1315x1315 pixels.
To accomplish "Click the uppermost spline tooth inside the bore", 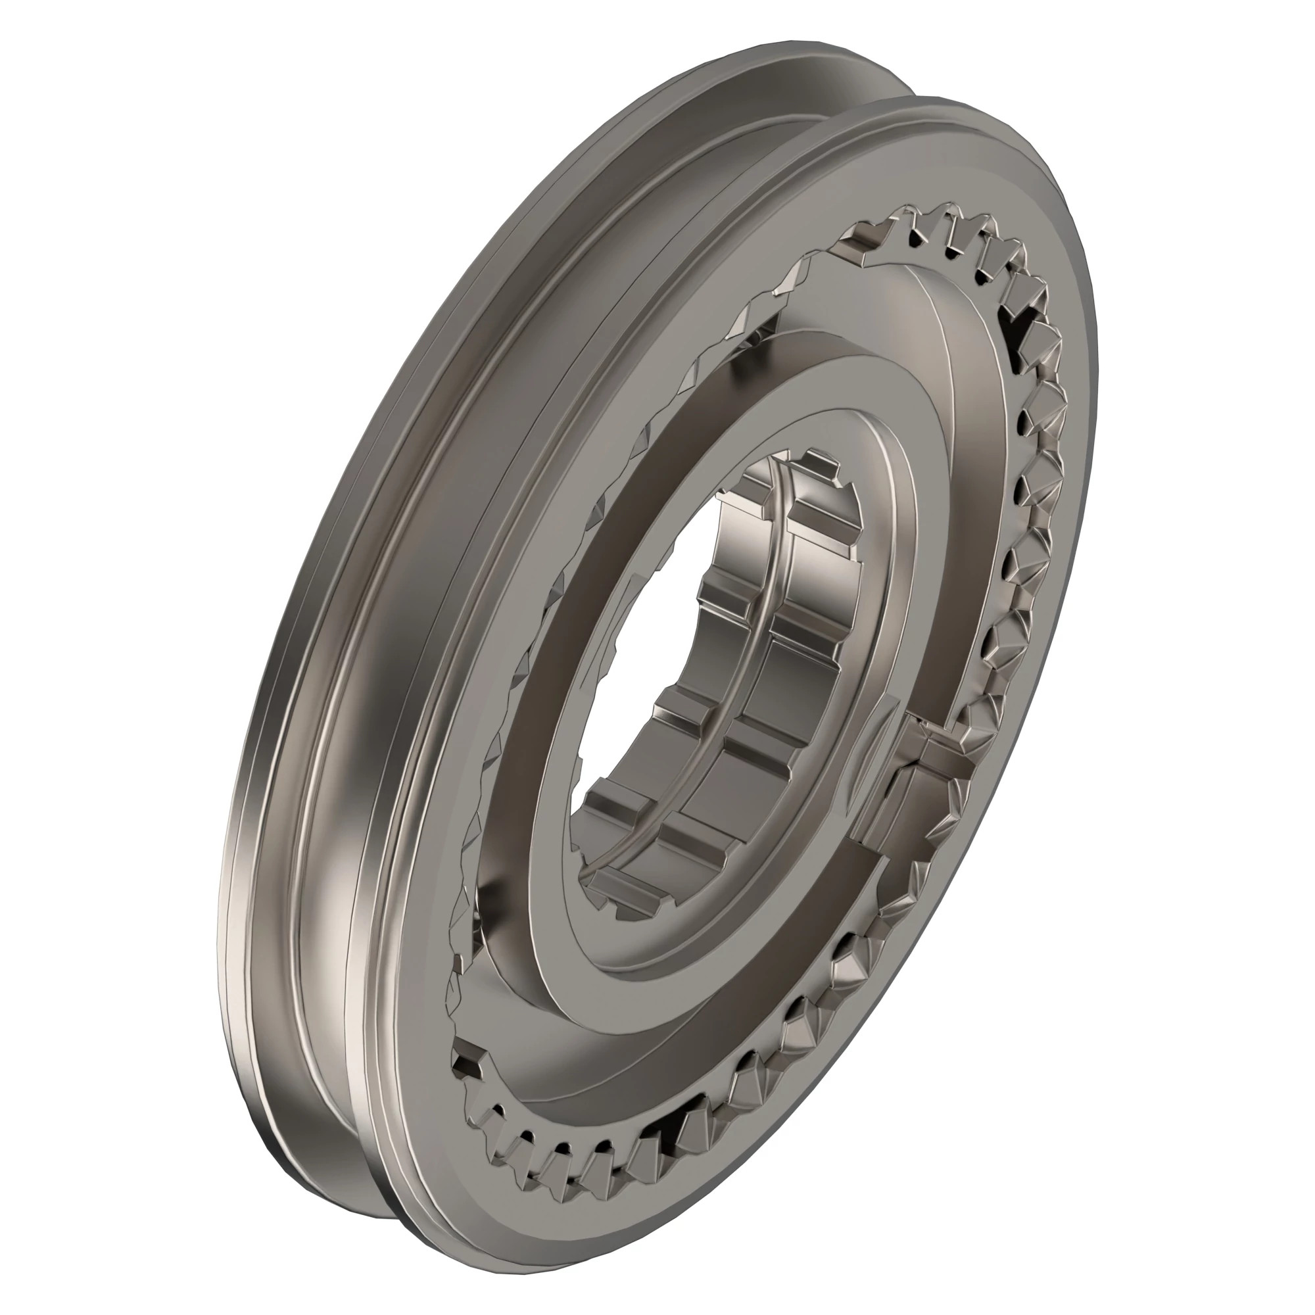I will [817, 469].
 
